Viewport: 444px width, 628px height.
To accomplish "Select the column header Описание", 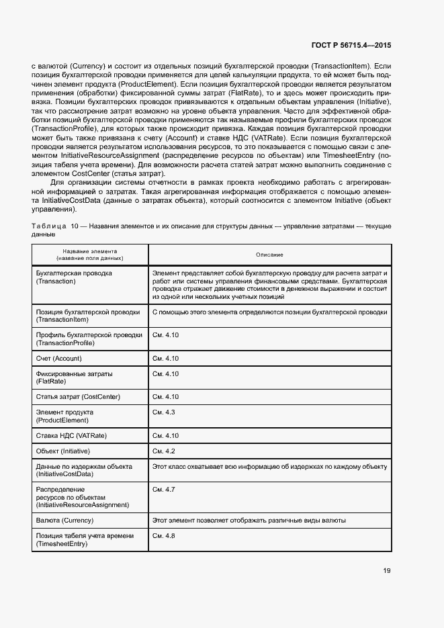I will tap(269, 255).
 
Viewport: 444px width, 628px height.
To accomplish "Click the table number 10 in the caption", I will tap(75, 227).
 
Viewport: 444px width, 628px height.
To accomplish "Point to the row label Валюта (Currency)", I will tap(64, 521).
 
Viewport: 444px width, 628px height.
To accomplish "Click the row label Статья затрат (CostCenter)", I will tap(78, 397).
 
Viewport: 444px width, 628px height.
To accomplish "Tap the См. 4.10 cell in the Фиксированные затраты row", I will tap(166, 373).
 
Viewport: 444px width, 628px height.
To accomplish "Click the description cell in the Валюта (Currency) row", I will tap(249, 521).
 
